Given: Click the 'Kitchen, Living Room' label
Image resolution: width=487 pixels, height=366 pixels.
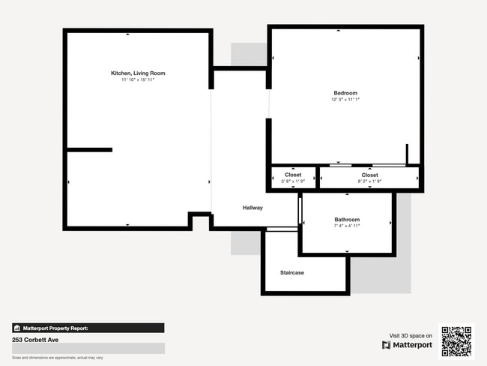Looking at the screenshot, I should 138,73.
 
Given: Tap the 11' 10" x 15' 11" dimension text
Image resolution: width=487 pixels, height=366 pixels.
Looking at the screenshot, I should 138,79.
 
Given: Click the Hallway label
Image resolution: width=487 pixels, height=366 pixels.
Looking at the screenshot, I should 252,208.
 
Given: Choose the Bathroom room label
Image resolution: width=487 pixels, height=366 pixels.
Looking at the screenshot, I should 347,220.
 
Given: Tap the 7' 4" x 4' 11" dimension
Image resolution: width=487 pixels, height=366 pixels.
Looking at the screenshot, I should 347,226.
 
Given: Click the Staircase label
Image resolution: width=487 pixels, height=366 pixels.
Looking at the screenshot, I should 292,272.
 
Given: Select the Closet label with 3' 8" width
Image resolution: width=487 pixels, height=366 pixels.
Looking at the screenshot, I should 293,175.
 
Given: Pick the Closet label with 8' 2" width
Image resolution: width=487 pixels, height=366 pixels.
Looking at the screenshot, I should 369,175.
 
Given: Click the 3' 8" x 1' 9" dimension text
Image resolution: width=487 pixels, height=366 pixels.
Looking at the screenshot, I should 293,181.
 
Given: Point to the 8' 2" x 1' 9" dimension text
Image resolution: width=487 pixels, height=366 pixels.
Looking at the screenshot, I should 369,181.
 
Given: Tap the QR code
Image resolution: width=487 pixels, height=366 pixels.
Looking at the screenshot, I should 456,340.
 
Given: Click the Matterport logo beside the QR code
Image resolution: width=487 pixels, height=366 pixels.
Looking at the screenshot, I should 407,345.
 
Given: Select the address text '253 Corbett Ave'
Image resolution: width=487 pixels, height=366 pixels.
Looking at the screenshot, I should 35,340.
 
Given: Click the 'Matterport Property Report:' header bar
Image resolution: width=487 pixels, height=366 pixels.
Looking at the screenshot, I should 88,328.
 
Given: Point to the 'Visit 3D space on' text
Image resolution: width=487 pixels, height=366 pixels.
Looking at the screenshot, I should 411,335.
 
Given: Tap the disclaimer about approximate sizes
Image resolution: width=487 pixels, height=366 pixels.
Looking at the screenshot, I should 57,358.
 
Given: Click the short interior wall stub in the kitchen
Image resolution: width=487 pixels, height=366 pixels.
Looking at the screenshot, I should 90,150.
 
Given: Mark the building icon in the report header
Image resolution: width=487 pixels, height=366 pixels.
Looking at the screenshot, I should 16,328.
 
